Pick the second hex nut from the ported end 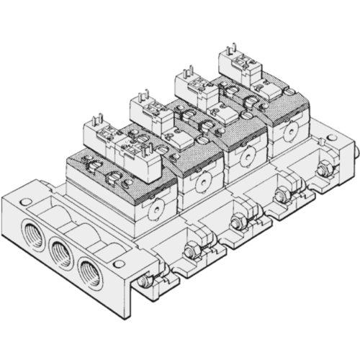coord(191,251)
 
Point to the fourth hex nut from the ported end coord(280,194)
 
